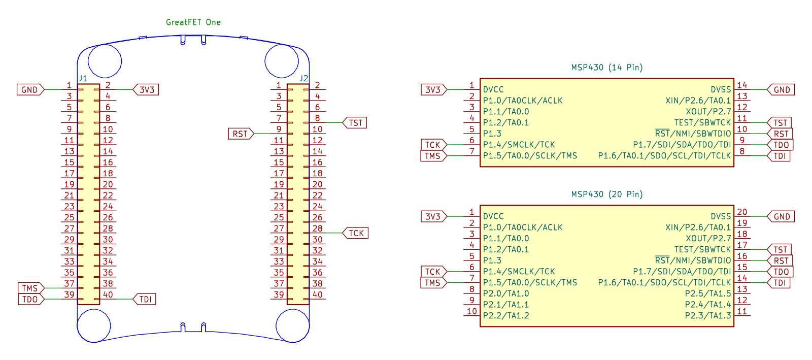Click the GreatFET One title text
(193, 22)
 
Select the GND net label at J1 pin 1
(30, 89)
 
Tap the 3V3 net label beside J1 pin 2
(146, 89)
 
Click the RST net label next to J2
(241, 134)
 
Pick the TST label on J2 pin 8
(355, 123)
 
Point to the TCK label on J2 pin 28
(356, 233)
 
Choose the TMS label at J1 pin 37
(31, 288)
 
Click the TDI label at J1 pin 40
(145, 299)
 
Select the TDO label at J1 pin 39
(31, 299)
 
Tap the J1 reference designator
(83, 78)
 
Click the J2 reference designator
(304, 78)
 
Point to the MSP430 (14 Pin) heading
(607, 68)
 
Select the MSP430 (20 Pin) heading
(607, 194)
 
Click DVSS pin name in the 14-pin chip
(721, 89)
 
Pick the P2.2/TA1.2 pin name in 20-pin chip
(505, 316)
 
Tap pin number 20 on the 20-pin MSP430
(742, 212)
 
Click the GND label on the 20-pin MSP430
(781, 216)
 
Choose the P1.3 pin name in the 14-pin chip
(492, 134)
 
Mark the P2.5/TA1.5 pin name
(708, 293)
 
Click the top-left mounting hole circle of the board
(105, 44)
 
